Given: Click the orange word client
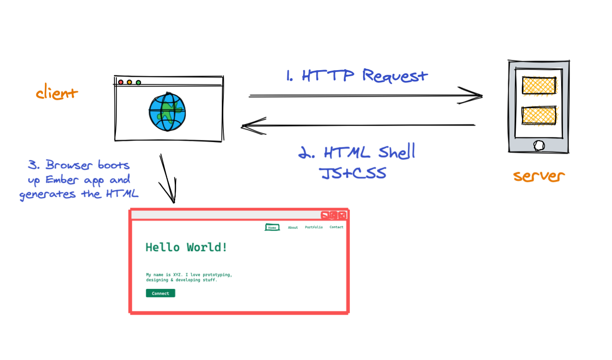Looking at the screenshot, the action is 57,93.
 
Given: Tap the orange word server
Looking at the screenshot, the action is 539,176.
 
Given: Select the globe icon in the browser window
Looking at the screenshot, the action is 167,112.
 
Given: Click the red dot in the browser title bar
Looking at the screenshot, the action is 121,82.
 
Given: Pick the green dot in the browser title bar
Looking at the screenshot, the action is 138,82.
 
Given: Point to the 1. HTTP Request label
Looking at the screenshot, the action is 356,75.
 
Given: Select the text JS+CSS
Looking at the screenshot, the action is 353,173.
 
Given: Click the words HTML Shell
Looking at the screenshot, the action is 356,152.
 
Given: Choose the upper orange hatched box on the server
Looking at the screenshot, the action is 539,86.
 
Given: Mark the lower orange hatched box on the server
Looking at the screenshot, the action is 539,115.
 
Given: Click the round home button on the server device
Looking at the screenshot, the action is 539,145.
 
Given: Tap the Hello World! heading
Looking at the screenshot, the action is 186,247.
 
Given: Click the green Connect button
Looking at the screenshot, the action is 160,293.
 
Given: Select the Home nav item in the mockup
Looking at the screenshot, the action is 272,227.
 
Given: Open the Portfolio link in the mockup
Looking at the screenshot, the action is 313,227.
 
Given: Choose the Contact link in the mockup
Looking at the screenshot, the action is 336,227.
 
